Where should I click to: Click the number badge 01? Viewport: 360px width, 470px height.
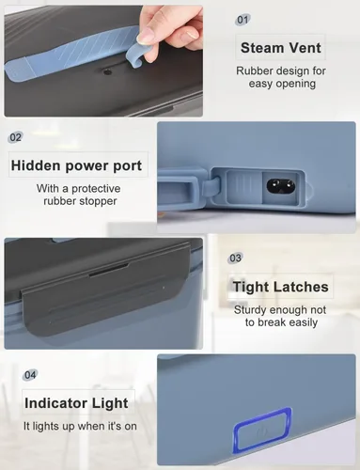243,20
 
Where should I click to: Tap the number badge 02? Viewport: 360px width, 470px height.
16,137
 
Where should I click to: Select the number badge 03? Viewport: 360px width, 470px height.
235,258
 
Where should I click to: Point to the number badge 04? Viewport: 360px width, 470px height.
30,375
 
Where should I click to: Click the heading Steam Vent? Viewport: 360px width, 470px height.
281,48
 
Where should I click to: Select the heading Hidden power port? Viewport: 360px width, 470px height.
76,165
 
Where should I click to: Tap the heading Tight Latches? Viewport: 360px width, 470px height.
280,287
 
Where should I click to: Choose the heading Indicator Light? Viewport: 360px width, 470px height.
76,403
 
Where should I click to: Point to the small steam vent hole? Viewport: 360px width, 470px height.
108,72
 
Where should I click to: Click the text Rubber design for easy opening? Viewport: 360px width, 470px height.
281,77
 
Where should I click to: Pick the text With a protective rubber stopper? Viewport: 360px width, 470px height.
79,195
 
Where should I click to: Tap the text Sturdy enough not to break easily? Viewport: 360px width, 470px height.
280,316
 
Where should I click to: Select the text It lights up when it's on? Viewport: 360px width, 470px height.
80,426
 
